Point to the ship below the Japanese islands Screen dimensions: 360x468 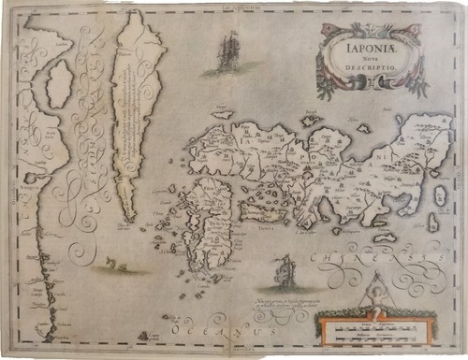283,272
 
